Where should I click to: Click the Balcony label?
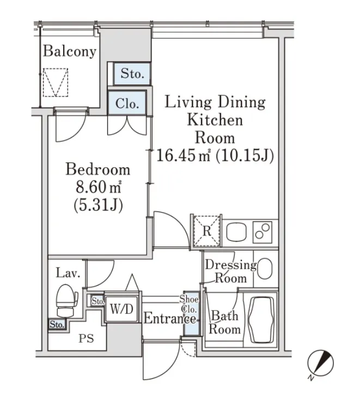69,52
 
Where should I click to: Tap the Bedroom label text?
98,169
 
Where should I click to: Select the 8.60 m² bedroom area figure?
99,187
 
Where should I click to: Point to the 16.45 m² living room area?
183,156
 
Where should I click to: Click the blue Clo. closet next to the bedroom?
127,103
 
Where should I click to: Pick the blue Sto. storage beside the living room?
132,74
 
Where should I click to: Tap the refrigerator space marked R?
207,231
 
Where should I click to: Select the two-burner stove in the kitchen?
263,232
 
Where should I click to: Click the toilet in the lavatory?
66,301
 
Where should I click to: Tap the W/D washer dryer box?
121,308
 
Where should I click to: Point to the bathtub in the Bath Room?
261,320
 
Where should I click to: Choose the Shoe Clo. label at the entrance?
189,304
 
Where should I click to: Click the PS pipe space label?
86,338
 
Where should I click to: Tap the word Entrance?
170,318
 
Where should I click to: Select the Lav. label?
68,273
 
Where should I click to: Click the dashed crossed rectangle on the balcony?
56,83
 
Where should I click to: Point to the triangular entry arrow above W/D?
132,283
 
